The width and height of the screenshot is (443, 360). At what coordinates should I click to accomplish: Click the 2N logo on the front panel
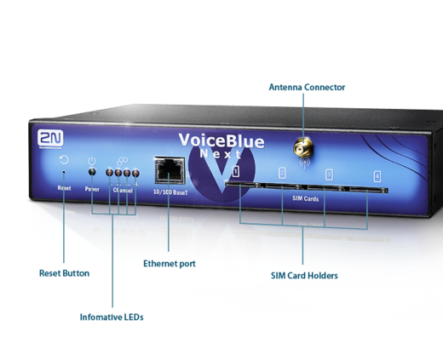pos(50,138)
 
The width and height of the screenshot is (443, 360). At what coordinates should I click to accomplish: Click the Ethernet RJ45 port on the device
pos(170,169)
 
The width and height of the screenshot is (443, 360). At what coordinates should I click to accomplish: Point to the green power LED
pos(92,172)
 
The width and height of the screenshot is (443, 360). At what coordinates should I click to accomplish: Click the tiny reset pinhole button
pos(64,172)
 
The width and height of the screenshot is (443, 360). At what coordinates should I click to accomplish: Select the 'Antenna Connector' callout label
pos(307,87)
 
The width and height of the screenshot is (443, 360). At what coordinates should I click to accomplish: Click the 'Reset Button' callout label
pos(64,273)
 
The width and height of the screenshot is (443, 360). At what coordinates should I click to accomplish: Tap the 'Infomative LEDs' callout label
pos(112,317)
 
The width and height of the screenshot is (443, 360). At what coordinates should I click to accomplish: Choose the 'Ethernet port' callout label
pos(170,264)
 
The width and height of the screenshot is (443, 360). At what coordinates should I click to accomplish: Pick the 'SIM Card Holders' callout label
pos(304,276)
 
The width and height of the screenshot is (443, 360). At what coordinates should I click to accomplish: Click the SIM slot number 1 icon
pos(236,171)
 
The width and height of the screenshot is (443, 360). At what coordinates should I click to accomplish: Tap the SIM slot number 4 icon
pos(377,176)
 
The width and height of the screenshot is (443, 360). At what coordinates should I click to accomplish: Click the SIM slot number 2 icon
pos(282,173)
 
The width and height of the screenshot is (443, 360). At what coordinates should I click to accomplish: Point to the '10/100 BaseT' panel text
pos(170,192)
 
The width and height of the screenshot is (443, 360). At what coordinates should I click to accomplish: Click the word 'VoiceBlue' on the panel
pos(221,140)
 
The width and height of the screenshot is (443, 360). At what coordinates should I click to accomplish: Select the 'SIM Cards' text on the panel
pos(306,198)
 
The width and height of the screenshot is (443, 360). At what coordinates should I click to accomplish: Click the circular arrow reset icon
pos(64,159)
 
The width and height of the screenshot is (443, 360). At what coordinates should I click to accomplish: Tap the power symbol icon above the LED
pos(92,161)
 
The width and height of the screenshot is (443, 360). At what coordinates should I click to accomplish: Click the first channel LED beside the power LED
pos(109,173)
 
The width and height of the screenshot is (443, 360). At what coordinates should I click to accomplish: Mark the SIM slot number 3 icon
pos(329,174)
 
